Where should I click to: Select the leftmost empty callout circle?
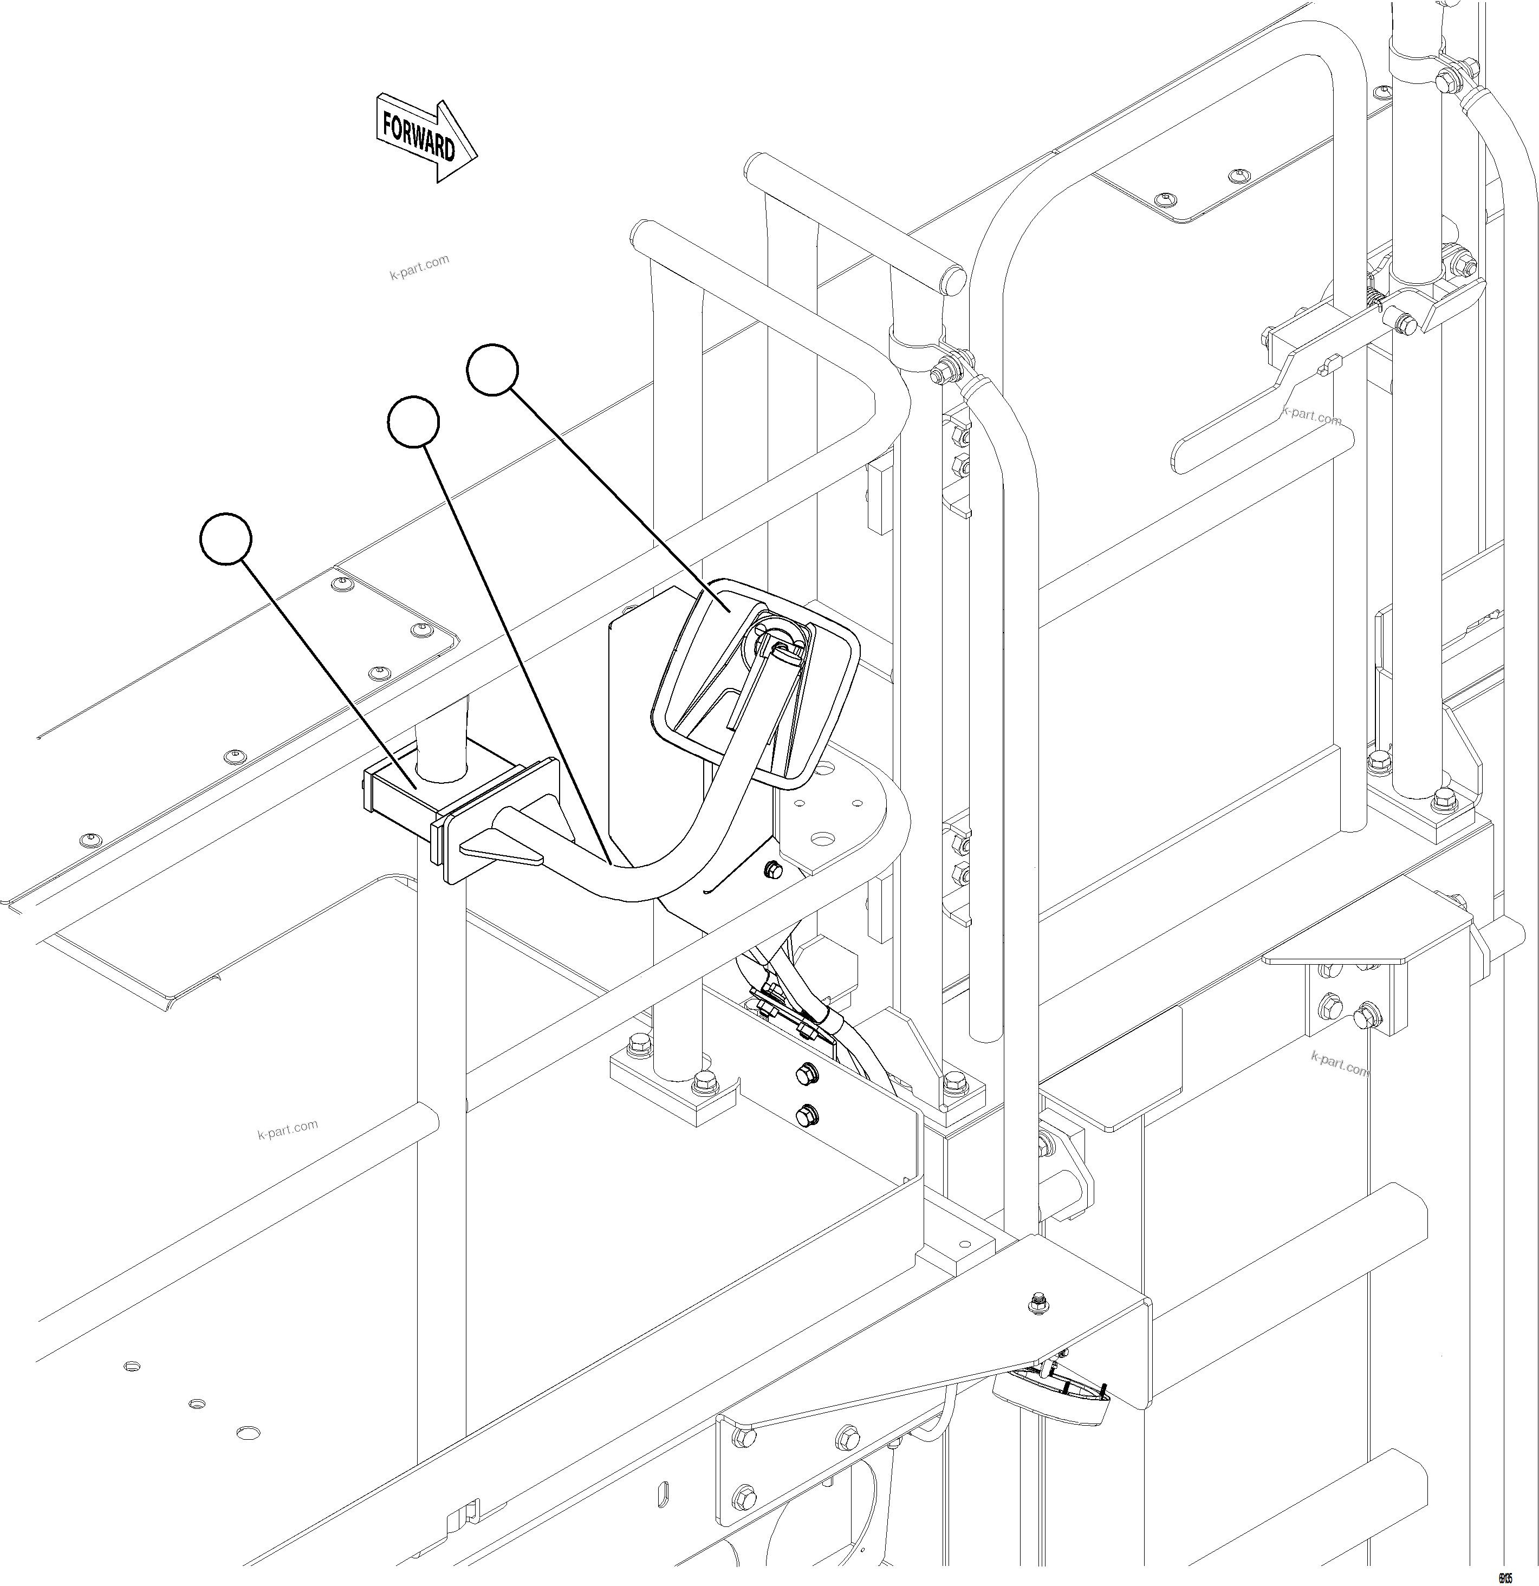pos(226,538)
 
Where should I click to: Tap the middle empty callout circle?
pos(413,421)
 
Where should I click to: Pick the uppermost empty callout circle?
pos(492,370)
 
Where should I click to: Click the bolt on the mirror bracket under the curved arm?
pos(772,869)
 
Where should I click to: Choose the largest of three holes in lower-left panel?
pos(249,1432)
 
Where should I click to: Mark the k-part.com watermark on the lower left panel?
pos(288,1129)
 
